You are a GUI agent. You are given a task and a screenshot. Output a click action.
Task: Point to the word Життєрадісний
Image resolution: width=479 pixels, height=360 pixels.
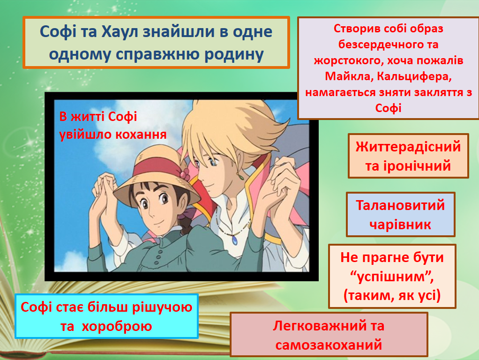coord(408,147)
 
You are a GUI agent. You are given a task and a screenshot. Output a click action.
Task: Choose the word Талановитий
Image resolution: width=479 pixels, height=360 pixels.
coord(400,205)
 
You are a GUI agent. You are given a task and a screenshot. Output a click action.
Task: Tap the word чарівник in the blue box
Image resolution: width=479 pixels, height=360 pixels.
coord(400,225)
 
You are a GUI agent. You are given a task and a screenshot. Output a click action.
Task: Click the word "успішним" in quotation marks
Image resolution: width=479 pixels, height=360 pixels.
coord(392,277)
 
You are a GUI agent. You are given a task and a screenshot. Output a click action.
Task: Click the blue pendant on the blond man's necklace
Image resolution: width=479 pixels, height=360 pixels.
coord(233,239)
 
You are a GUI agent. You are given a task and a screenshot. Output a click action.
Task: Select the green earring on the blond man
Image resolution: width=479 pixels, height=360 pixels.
coord(242,177)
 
